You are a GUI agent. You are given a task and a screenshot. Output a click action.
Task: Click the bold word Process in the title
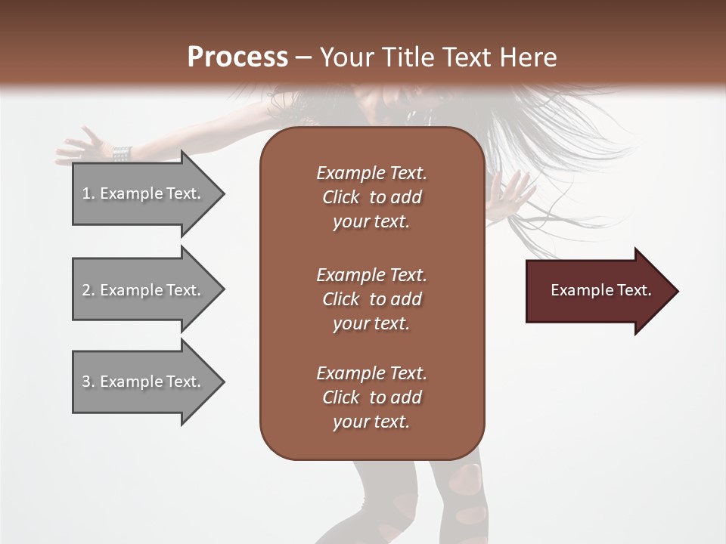[237, 57]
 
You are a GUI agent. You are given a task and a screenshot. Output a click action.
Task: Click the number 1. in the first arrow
[88, 193]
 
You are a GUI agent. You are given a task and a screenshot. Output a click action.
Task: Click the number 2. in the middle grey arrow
[88, 290]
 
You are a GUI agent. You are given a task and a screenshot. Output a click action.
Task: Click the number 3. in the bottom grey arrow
[88, 382]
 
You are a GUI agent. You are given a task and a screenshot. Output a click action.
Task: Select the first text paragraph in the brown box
[371, 197]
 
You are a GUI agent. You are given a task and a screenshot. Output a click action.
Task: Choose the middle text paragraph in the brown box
[371, 299]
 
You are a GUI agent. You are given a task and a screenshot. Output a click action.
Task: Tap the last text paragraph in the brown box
[371, 397]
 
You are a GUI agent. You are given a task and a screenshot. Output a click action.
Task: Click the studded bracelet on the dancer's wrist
[123, 153]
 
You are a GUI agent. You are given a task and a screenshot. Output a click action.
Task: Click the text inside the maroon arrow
[600, 290]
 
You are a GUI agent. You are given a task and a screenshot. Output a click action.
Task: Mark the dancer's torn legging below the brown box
[463, 491]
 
